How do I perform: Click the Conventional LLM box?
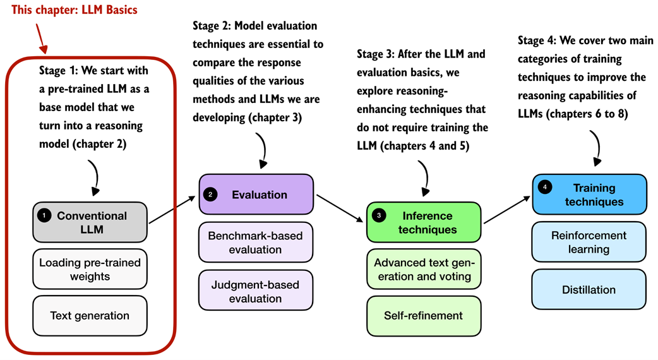tap(90, 222)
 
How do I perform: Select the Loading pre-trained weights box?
tap(90, 269)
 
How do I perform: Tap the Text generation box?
tap(90, 315)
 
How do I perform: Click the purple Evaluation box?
tap(256, 195)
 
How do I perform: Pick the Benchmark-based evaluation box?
tap(256, 243)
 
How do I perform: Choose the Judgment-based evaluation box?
tap(256, 290)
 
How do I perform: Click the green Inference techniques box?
tap(424, 222)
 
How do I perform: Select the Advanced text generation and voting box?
tap(424, 268)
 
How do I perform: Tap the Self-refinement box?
tap(424, 315)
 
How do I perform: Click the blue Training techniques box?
tap(589, 195)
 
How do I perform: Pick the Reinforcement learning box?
tap(589, 242)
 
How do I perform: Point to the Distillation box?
tap(589, 290)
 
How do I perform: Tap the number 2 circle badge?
tap(210, 195)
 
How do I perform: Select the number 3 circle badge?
tap(378, 216)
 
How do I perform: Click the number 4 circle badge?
tap(544, 188)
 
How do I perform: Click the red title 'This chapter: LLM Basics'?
tap(74, 10)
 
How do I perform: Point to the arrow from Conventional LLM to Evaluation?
tap(172, 210)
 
